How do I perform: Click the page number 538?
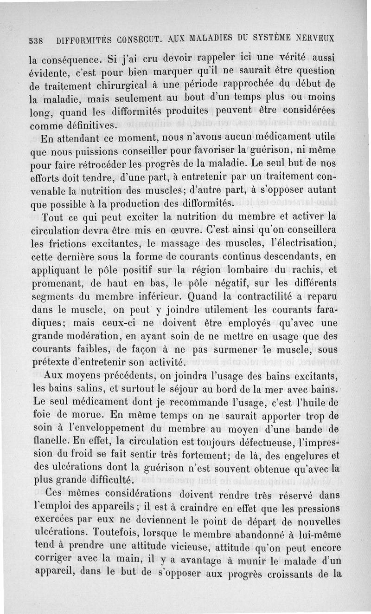tap(35, 40)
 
